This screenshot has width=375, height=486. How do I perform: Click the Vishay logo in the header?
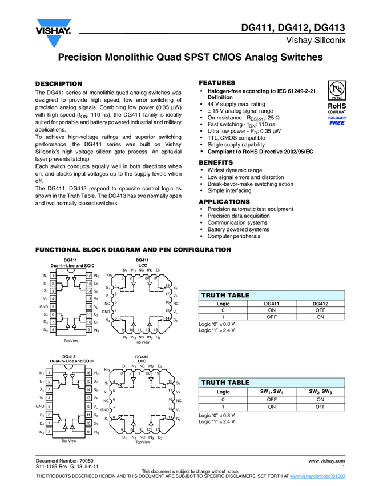click(x=53, y=28)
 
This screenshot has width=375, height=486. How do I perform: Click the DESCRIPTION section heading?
click(x=59, y=84)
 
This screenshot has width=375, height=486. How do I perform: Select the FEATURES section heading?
click(x=216, y=83)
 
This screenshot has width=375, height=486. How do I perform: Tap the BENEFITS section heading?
click(x=216, y=163)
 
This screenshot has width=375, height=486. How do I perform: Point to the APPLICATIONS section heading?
click(x=224, y=202)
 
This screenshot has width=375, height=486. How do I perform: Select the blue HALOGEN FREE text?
click(x=337, y=120)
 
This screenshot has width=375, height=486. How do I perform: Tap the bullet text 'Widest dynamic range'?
click(x=235, y=170)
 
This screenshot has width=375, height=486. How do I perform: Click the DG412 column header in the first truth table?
click(x=320, y=304)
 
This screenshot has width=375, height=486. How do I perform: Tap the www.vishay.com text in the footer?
click(x=326, y=460)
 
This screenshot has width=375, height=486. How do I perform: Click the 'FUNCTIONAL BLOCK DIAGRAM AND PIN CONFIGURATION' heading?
click(x=133, y=250)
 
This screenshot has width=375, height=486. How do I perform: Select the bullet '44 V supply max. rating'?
click(x=236, y=104)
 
